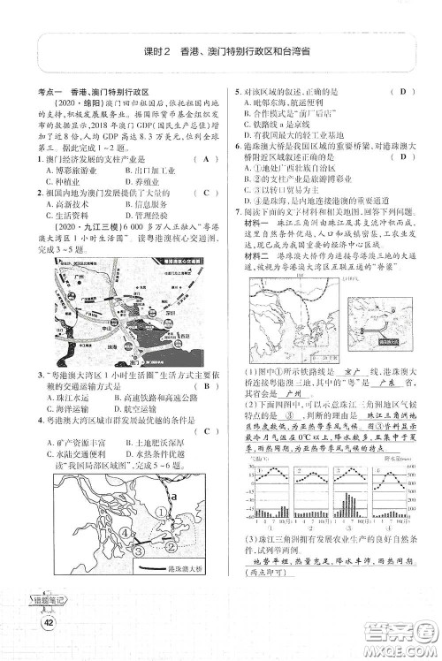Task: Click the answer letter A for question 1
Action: pyautogui.click(x=205, y=159)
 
